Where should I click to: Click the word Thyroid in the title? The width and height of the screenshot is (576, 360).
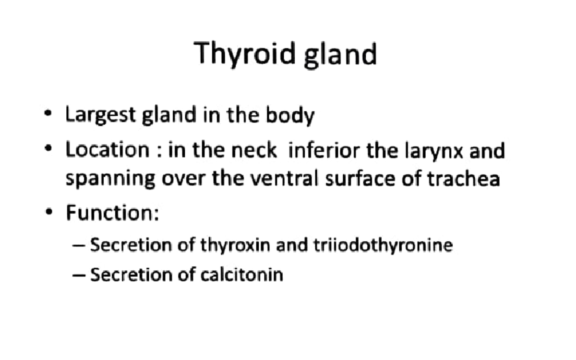pos(246,53)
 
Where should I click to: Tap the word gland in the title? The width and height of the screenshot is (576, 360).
pos(341,54)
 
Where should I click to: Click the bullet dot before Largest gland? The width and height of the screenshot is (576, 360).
pos(47,115)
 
